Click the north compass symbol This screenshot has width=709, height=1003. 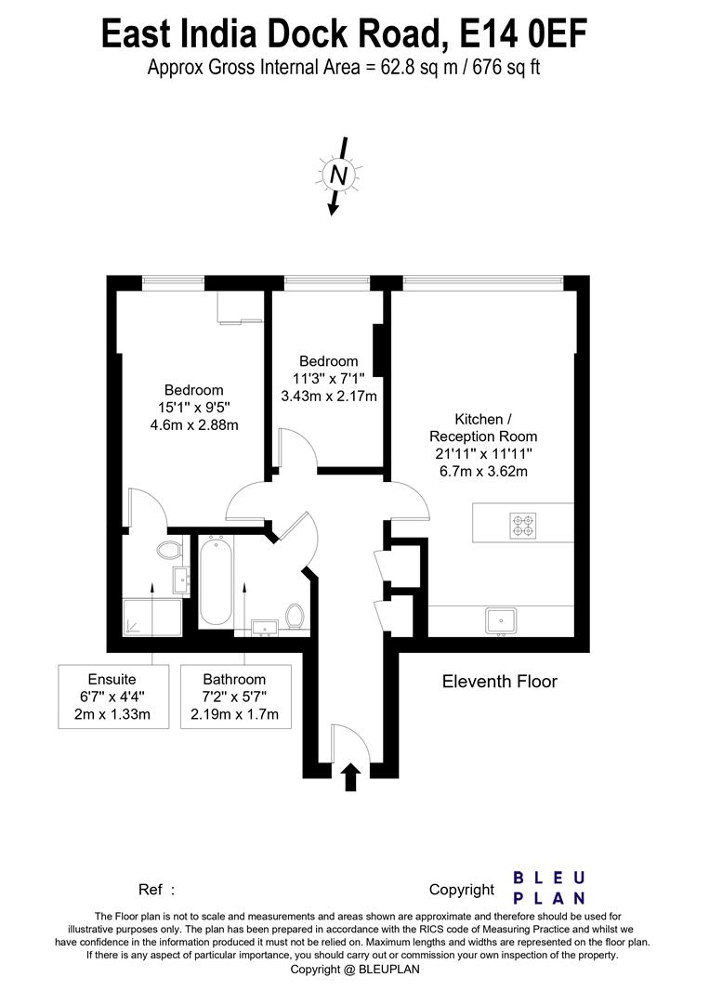(339, 174)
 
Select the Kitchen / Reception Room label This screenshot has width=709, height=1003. (482, 427)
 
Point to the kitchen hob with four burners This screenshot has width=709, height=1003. (521, 526)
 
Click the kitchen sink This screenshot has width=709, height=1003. (501, 619)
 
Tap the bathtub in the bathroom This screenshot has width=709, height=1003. (216, 582)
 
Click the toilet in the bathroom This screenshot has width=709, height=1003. (295, 616)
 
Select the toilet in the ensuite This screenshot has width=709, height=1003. (168, 551)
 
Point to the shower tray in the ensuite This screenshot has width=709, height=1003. (153, 616)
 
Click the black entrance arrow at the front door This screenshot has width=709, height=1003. (351, 775)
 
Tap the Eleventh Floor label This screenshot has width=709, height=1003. (499, 682)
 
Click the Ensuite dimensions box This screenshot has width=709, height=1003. (112, 697)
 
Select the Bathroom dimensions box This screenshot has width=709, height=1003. (234, 697)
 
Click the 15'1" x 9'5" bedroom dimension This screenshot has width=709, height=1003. (193, 407)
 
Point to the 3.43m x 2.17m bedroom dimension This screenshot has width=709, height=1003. (328, 396)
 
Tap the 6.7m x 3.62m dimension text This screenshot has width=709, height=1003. (482, 471)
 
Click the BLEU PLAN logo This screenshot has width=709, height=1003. (549, 888)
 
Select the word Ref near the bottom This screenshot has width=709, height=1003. (151, 889)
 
